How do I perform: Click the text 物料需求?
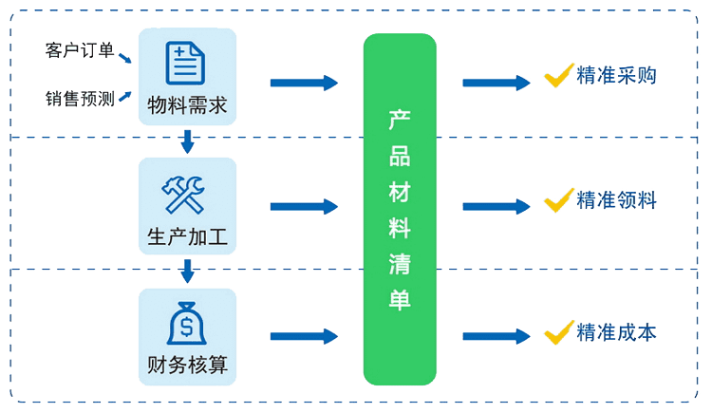tap(187, 103)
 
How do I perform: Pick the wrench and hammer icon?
tap(187, 194)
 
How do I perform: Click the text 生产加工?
tap(187, 235)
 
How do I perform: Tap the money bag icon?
tap(187, 323)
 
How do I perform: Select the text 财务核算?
tap(187, 365)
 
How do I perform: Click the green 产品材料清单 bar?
tap(399, 208)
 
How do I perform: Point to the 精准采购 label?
tap(616, 77)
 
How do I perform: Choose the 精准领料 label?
tap(616, 201)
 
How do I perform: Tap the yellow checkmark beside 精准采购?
tap(556, 75)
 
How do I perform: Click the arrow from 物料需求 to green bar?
tap(303, 83)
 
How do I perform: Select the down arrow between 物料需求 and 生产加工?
tap(187, 142)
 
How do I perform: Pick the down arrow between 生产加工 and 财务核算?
tap(187, 272)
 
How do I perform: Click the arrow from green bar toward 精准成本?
tap(496, 336)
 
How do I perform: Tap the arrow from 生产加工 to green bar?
tap(303, 206)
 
